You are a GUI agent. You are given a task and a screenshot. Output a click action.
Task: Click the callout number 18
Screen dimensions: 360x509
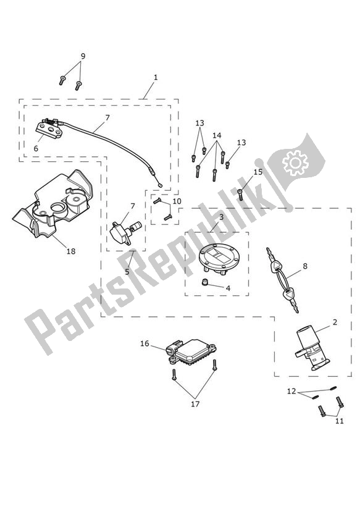point(71,251)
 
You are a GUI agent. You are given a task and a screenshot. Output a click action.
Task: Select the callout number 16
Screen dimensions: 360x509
point(144,343)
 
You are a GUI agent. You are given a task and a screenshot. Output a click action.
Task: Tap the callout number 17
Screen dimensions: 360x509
point(195,404)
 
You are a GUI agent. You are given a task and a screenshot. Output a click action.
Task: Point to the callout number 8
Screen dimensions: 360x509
point(305,266)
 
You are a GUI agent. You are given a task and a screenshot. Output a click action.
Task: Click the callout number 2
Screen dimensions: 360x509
point(335,322)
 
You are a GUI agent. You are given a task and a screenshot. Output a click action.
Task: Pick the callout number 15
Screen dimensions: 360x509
point(258,172)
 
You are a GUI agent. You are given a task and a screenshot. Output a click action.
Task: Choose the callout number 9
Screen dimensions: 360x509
point(83,56)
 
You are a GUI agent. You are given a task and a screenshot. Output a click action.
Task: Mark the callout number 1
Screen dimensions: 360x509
point(156,77)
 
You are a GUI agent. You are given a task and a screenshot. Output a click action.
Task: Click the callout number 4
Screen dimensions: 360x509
point(228,288)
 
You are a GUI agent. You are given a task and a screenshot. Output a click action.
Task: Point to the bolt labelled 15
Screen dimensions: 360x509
point(241,195)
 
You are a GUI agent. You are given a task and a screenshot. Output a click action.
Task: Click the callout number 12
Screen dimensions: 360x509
point(291,392)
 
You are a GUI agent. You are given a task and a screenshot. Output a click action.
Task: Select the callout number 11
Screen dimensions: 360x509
point(340,421)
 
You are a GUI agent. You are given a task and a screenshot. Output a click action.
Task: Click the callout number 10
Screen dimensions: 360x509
point(177,201)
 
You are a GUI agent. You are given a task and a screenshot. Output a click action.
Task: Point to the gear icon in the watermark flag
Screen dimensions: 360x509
point(295,161)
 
